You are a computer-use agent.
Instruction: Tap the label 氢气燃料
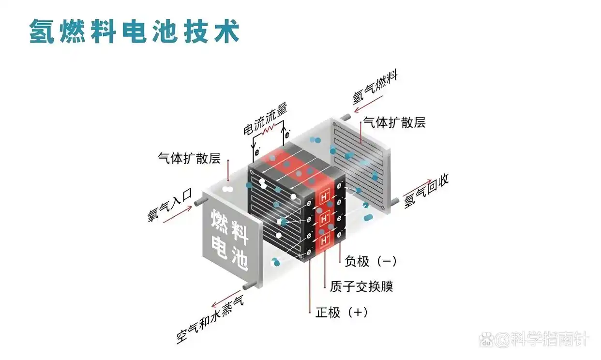[x=375, y=87]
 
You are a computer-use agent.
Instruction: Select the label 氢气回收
[x=426, y=191]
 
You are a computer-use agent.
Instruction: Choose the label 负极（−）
[x=371, y=261]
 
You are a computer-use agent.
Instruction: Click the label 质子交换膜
[x=361, y=286]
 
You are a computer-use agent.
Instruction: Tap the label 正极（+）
[x=342, y=312]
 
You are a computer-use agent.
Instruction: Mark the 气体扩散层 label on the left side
[x=189, y=158]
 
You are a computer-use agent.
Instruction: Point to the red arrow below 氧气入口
[x=178, y=216]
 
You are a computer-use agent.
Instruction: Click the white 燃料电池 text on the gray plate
[x=229, y=240]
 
